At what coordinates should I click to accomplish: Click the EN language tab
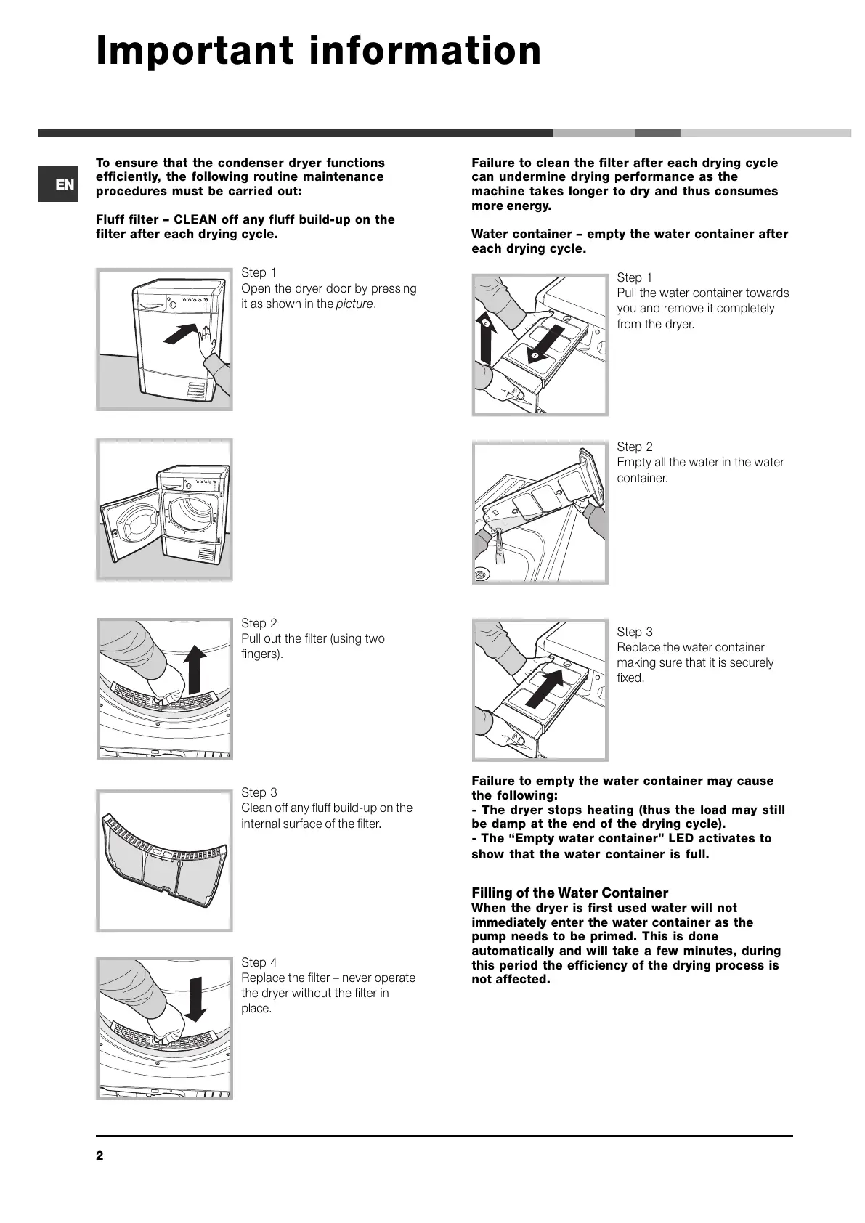click(x=58, y=184)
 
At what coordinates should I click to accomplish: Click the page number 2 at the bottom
click(x=100, y=1156)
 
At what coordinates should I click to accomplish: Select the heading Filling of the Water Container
click(x=569, y=893)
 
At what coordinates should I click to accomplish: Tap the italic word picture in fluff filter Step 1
click(x=354, y=304)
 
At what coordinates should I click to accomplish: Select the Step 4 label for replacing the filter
click(x=259, y=962)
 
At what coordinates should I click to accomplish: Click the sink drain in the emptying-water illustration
click(x=480, y=574)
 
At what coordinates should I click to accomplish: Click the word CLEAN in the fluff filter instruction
click(x=195, y=219)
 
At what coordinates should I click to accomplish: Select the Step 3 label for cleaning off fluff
click(x=259, y=792)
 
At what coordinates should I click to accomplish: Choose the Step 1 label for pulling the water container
click(x=635, y=277)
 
